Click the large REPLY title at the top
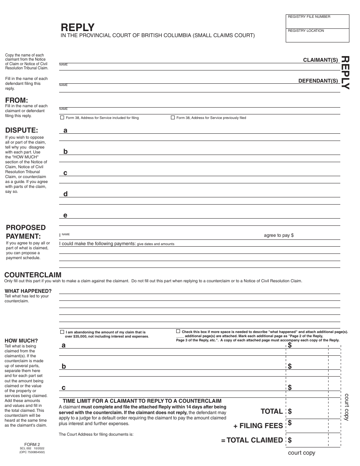(x=78, y=27)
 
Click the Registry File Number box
(x=317, y=21)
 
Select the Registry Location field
(x=317, y=35)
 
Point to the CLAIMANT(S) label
(x=320, y=60)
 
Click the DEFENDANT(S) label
(x=318, y=81)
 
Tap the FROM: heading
(x=16, y=100)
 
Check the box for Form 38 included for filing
(x=62, y=118)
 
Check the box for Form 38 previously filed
(x=173, y=118)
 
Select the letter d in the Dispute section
(x=66, y=194)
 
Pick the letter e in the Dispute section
(x=65, y=215)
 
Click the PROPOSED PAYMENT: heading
(x=25, y=232)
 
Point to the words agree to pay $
(x=279, y=235)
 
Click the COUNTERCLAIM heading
(x=33, y=275)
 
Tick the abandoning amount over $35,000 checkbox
(x=62, y=332)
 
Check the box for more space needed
(x=178, y=331)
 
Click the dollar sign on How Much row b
(x=290, y=366)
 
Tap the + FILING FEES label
(x=258, y=426)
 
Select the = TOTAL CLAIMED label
(x=252, y=440)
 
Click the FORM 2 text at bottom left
(x=32, y=444)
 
